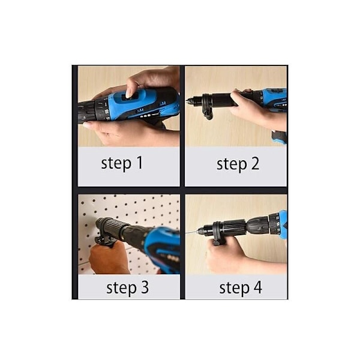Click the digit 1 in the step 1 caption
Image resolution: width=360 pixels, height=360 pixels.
139,163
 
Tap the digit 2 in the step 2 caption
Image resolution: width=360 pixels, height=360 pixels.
255,163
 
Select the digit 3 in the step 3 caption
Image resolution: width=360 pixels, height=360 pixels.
145,287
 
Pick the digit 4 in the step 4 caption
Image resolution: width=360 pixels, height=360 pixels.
257,287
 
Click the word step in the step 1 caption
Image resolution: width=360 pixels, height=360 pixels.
116,164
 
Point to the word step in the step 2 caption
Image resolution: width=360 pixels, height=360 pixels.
232,164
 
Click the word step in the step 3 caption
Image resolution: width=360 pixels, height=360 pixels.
121,289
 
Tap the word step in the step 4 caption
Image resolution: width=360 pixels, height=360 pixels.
234,288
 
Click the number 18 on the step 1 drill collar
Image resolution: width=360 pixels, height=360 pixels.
107,112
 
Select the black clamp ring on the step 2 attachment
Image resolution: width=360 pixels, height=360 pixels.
205,101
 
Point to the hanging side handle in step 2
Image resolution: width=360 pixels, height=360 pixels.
208,113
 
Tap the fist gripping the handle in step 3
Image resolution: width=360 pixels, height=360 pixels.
109,257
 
